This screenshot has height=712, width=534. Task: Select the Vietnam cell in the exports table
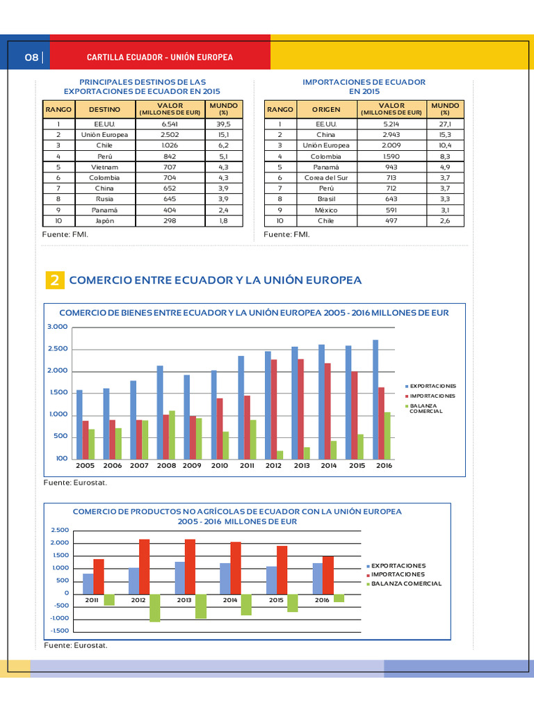click(x=104, y=167)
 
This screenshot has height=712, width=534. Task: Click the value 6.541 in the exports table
click(x=170, y=124)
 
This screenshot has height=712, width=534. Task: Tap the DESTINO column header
click(x=104, y=109)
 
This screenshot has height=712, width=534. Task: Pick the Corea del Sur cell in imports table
click(x=325, y=178)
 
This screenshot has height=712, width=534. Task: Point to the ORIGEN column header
click(x=325, y=109)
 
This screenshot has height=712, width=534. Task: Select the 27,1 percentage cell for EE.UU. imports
click(x=445, y=124)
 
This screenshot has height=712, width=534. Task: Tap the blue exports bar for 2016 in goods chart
click(x=376, y=399)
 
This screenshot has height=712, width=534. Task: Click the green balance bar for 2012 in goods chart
click(x=280, y=455)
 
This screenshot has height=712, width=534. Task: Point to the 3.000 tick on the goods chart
click(x=58, y=327)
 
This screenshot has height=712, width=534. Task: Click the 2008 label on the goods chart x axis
click(x=166, y=466)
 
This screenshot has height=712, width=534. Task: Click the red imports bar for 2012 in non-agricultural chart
click(x=144, y=566)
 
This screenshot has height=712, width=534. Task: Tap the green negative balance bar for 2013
click(x=201, y=606)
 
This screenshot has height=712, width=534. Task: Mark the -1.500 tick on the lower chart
click(x=60, y=631)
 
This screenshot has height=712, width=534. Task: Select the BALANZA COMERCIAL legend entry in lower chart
click(x=406, y=583)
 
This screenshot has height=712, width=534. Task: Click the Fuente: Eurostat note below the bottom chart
click(x=76, y=645)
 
